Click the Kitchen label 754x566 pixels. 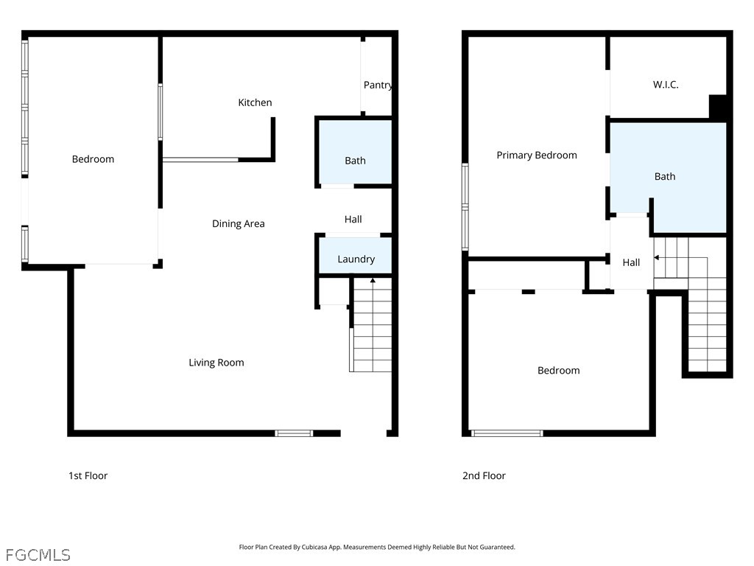[x=255, y=102]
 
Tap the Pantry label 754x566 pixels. [x=378, y=85]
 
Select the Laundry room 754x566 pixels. [x=356, y=256]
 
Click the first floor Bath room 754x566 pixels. [x=356, y=153]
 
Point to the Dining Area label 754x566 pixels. [x=239, y=224]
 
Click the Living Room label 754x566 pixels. [x=216, y=363]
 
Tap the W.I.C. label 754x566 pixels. [x=666, y=85]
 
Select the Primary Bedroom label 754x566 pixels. [x=537, y=156]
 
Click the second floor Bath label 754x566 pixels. [x=665, y=177]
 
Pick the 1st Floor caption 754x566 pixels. [x=88, y=475]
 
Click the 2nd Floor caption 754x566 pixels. [x=485, y=475]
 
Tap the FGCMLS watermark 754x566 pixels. [x=38, y=555]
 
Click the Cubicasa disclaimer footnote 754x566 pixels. [x=377, y=547]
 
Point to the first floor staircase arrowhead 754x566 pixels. [x=373, y=279]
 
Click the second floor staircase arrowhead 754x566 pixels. [x=656, y=257]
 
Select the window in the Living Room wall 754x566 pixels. [x=294, y=433]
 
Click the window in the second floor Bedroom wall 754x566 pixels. [x=507, y=433]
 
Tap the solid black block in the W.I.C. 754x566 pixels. [x=718, y=106]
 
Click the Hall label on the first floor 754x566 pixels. [x=353, y=220]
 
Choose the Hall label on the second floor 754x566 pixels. [x=631, y=263]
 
